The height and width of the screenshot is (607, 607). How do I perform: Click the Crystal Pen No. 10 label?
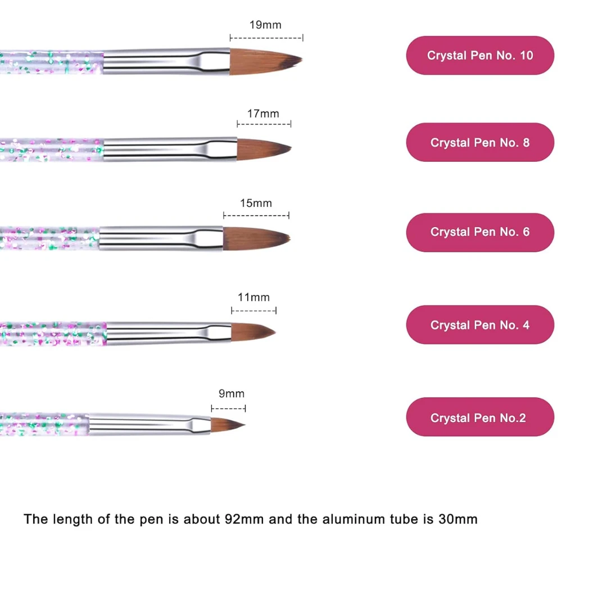coord(480,56)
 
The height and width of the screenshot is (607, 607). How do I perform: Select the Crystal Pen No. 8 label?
coord(480,142)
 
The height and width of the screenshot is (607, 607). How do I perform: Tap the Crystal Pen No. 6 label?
coord(480,232)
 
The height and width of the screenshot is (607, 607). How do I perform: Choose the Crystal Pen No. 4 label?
coord(480,325)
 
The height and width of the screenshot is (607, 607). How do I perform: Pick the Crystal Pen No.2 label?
coord(480,418)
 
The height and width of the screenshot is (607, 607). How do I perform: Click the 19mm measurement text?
coord(265,25)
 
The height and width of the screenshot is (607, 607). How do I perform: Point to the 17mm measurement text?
coord(263,114)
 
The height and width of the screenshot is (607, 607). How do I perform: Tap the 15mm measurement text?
coord(256,203)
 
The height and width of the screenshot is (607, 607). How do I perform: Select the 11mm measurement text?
coord(254,297)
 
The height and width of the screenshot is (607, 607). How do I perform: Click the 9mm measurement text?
coord(232,393)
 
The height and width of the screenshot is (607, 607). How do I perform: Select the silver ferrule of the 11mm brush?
coord(169,333)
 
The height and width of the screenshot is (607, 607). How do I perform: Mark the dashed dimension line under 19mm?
coord(266,38)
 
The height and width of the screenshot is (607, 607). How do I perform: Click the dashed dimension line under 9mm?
coord(228,409)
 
